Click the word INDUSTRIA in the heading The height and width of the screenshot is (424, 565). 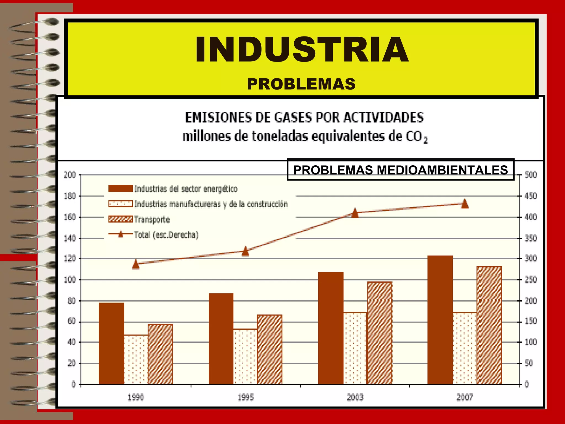coord(302,50)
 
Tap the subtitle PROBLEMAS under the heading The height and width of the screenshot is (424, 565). coord(301,84)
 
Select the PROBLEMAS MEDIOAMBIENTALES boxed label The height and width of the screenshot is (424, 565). coord(400,170)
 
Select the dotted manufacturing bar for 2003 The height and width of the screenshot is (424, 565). coord(355,348)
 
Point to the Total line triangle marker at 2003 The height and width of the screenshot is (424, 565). coord(355,213)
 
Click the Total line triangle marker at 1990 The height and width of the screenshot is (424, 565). coord(135,264)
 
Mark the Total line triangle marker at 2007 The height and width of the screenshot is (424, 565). coord(465,204)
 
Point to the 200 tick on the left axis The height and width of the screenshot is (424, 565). coord(70,175)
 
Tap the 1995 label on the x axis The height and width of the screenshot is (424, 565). coord(246,397)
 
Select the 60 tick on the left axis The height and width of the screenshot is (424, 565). coord(71,321)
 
